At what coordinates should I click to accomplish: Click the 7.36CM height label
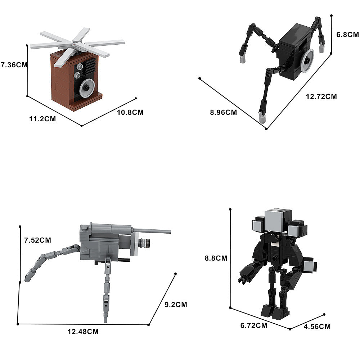(14, 65)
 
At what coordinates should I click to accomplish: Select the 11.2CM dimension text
(42, 119)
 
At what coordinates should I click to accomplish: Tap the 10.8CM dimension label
(130, 112)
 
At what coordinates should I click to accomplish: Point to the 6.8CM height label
(347, 35)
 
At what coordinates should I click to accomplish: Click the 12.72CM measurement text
(321, 96)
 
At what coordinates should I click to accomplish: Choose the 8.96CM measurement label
(223, 112)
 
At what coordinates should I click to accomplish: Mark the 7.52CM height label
(37, 240)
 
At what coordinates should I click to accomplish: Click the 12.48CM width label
(83, 332)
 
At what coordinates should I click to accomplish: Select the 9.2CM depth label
(176, 305)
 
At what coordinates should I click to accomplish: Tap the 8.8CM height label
(216, 258)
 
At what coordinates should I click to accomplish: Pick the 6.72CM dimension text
(253, 325)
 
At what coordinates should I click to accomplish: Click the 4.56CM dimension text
(317, 327)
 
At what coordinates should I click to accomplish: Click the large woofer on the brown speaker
(87, 87)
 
